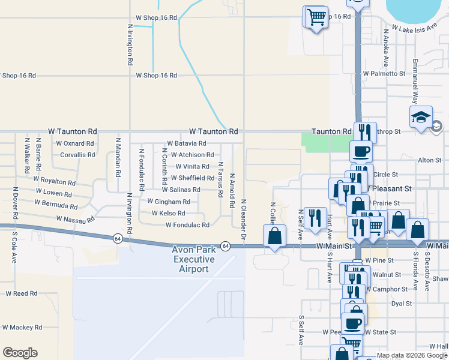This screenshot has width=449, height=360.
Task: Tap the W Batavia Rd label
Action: (187, 143)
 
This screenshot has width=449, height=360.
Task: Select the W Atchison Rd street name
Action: (192, 155)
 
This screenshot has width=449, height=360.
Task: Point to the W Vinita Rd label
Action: (192, 166)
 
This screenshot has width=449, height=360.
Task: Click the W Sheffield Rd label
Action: (193, 178)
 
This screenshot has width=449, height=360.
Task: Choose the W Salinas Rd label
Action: (181, 190)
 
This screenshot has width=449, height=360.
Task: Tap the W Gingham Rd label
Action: (169, 202)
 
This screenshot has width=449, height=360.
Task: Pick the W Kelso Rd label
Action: (168, 213)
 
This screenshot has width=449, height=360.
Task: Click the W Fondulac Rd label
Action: (187, 225)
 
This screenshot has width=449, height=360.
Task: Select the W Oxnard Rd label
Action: (75, 143)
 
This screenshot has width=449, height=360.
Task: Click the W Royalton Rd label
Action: (55, 181)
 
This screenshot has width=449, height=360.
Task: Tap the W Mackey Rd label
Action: (22, 328)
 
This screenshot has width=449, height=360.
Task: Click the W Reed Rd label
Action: (22, 293)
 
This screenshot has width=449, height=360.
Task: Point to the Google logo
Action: (20, 353)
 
